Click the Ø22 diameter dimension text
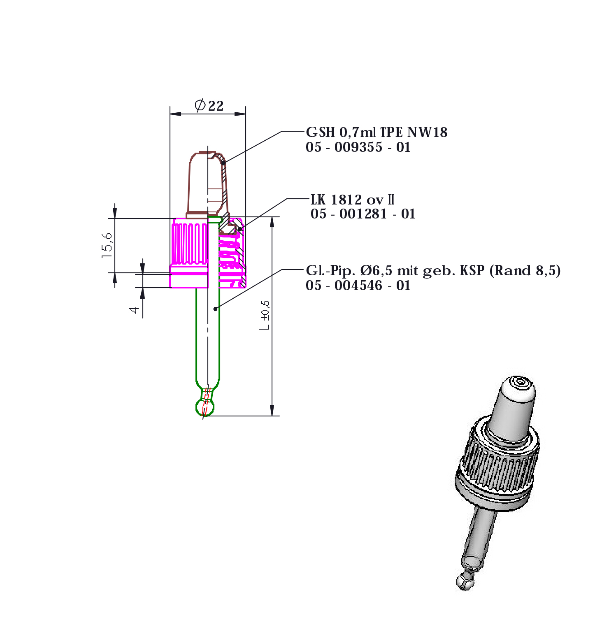tap(209, 106)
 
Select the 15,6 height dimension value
tap(107, 246)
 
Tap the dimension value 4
tap(135, 310)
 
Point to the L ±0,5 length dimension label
tap(265, 315)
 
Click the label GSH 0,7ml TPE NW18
tap(377, 132)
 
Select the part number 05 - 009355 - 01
tap(358, 147)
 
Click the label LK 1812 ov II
tap(353, 200)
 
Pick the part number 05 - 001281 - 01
tap(363, 214)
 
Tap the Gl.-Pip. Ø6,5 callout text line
tap(433, 271)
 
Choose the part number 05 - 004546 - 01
tap(358, 286)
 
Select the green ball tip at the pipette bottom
tap(205, 407)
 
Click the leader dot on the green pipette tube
tap(215, 309)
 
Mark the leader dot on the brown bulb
tap(223, 163)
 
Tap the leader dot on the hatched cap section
tap(239, 229)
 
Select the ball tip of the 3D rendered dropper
tap(465, 581)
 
